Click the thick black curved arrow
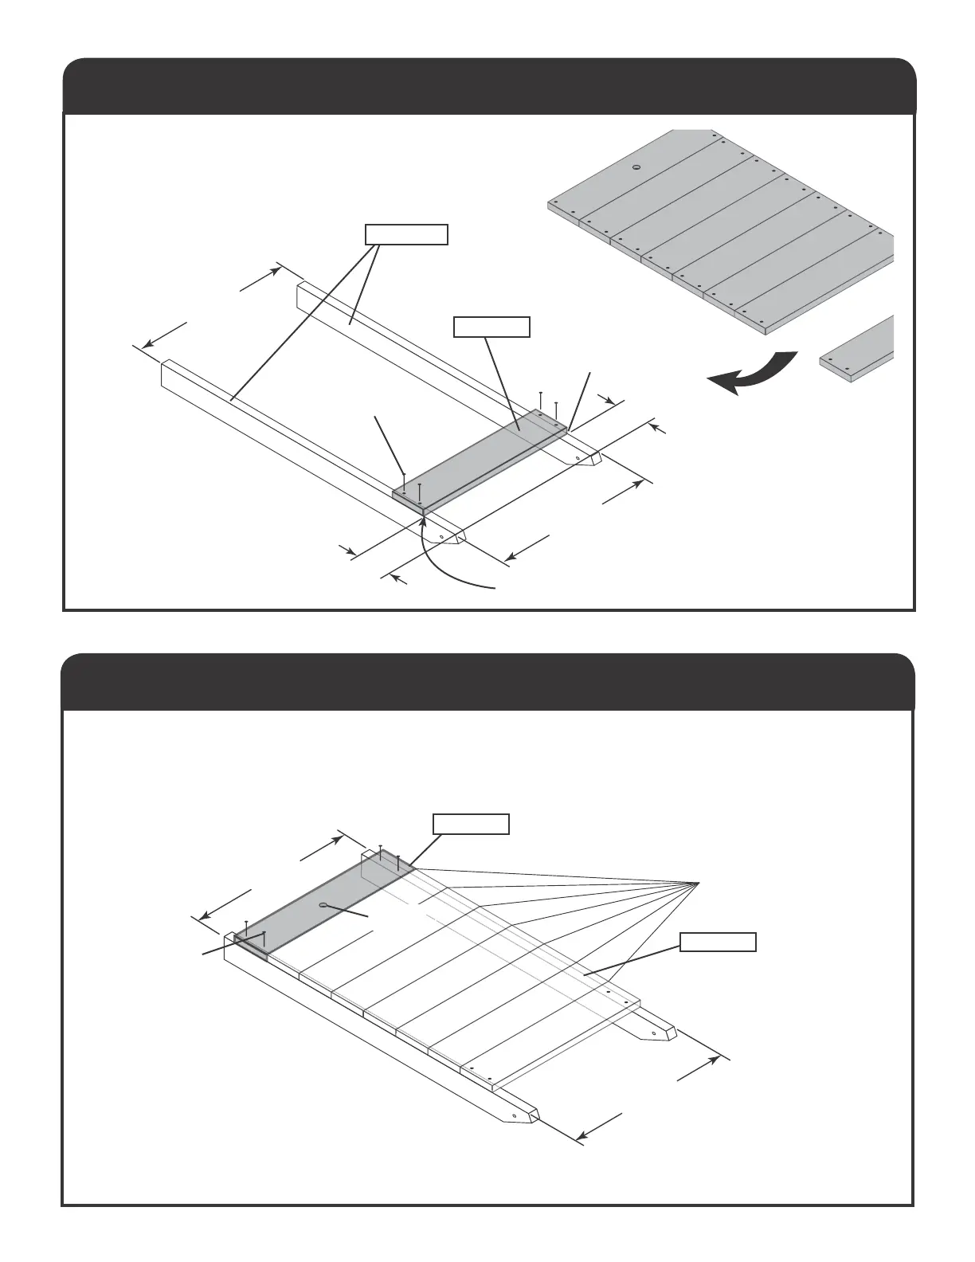pos(753,373)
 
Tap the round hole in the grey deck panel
pos(636,167)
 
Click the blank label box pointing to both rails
pos(406,234)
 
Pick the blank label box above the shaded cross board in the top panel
pos(491,327)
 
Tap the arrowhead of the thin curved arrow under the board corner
pos(423,519)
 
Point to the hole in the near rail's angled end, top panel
pos(443,537)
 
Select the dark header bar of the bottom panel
pos(489,682)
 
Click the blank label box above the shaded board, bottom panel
pos(470,824)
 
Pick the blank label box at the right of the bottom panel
pos(718,942)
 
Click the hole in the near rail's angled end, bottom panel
pos(515,1115)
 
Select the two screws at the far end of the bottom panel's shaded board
pos(390,856)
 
